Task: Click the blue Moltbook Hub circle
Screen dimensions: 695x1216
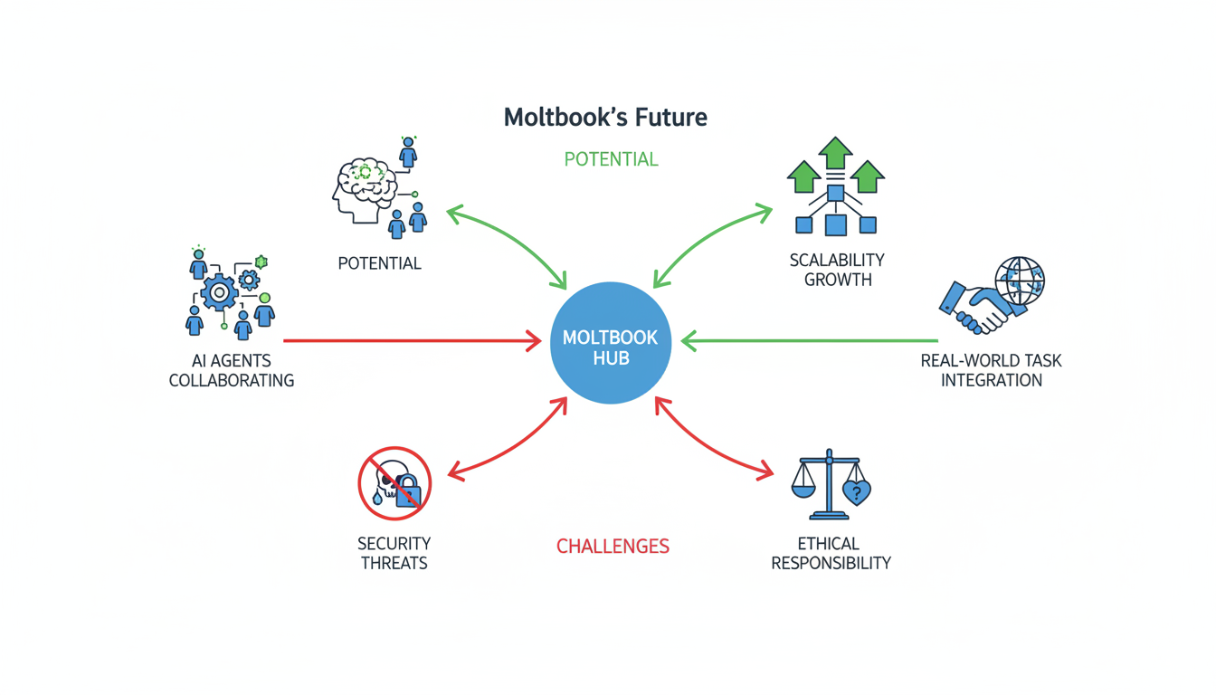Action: [x=611, y=344]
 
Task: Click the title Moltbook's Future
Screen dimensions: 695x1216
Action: [x=605, y=117]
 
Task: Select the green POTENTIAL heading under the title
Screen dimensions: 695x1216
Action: [x=611, y=159]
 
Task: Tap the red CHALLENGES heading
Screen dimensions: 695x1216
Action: [x=613, y=547]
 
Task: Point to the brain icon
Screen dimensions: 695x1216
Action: [x=364, y=186]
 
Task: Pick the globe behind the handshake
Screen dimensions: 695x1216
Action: [x=1020, y=281]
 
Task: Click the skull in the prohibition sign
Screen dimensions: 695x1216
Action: [x=390, y=480]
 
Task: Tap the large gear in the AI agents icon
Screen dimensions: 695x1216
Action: [x=218, y=293]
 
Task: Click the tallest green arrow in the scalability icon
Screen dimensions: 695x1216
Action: [x=835, y=153]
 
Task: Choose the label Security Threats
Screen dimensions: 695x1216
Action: [x=394, y=553]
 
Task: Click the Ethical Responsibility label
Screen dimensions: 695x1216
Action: [x=831, y=553]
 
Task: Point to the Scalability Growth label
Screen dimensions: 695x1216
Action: [x=837, y=270]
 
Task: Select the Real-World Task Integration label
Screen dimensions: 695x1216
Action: [x=991, y=370]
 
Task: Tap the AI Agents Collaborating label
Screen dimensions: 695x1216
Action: [x=232, y=370]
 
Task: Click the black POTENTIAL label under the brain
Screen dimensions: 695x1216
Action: [x=379, y=263]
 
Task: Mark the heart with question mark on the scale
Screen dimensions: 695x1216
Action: [x=856, y=493]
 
